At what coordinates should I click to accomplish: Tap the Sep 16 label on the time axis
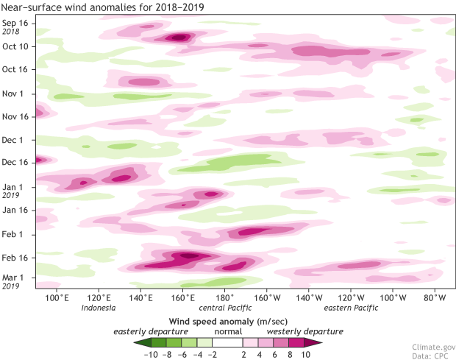click(15, 23)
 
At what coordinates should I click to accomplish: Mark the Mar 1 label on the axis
click(15, 277)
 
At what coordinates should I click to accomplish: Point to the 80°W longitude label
click(435, 298)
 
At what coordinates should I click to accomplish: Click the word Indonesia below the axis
click(99, 308)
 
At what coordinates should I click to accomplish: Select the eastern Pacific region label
click(351, 308)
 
